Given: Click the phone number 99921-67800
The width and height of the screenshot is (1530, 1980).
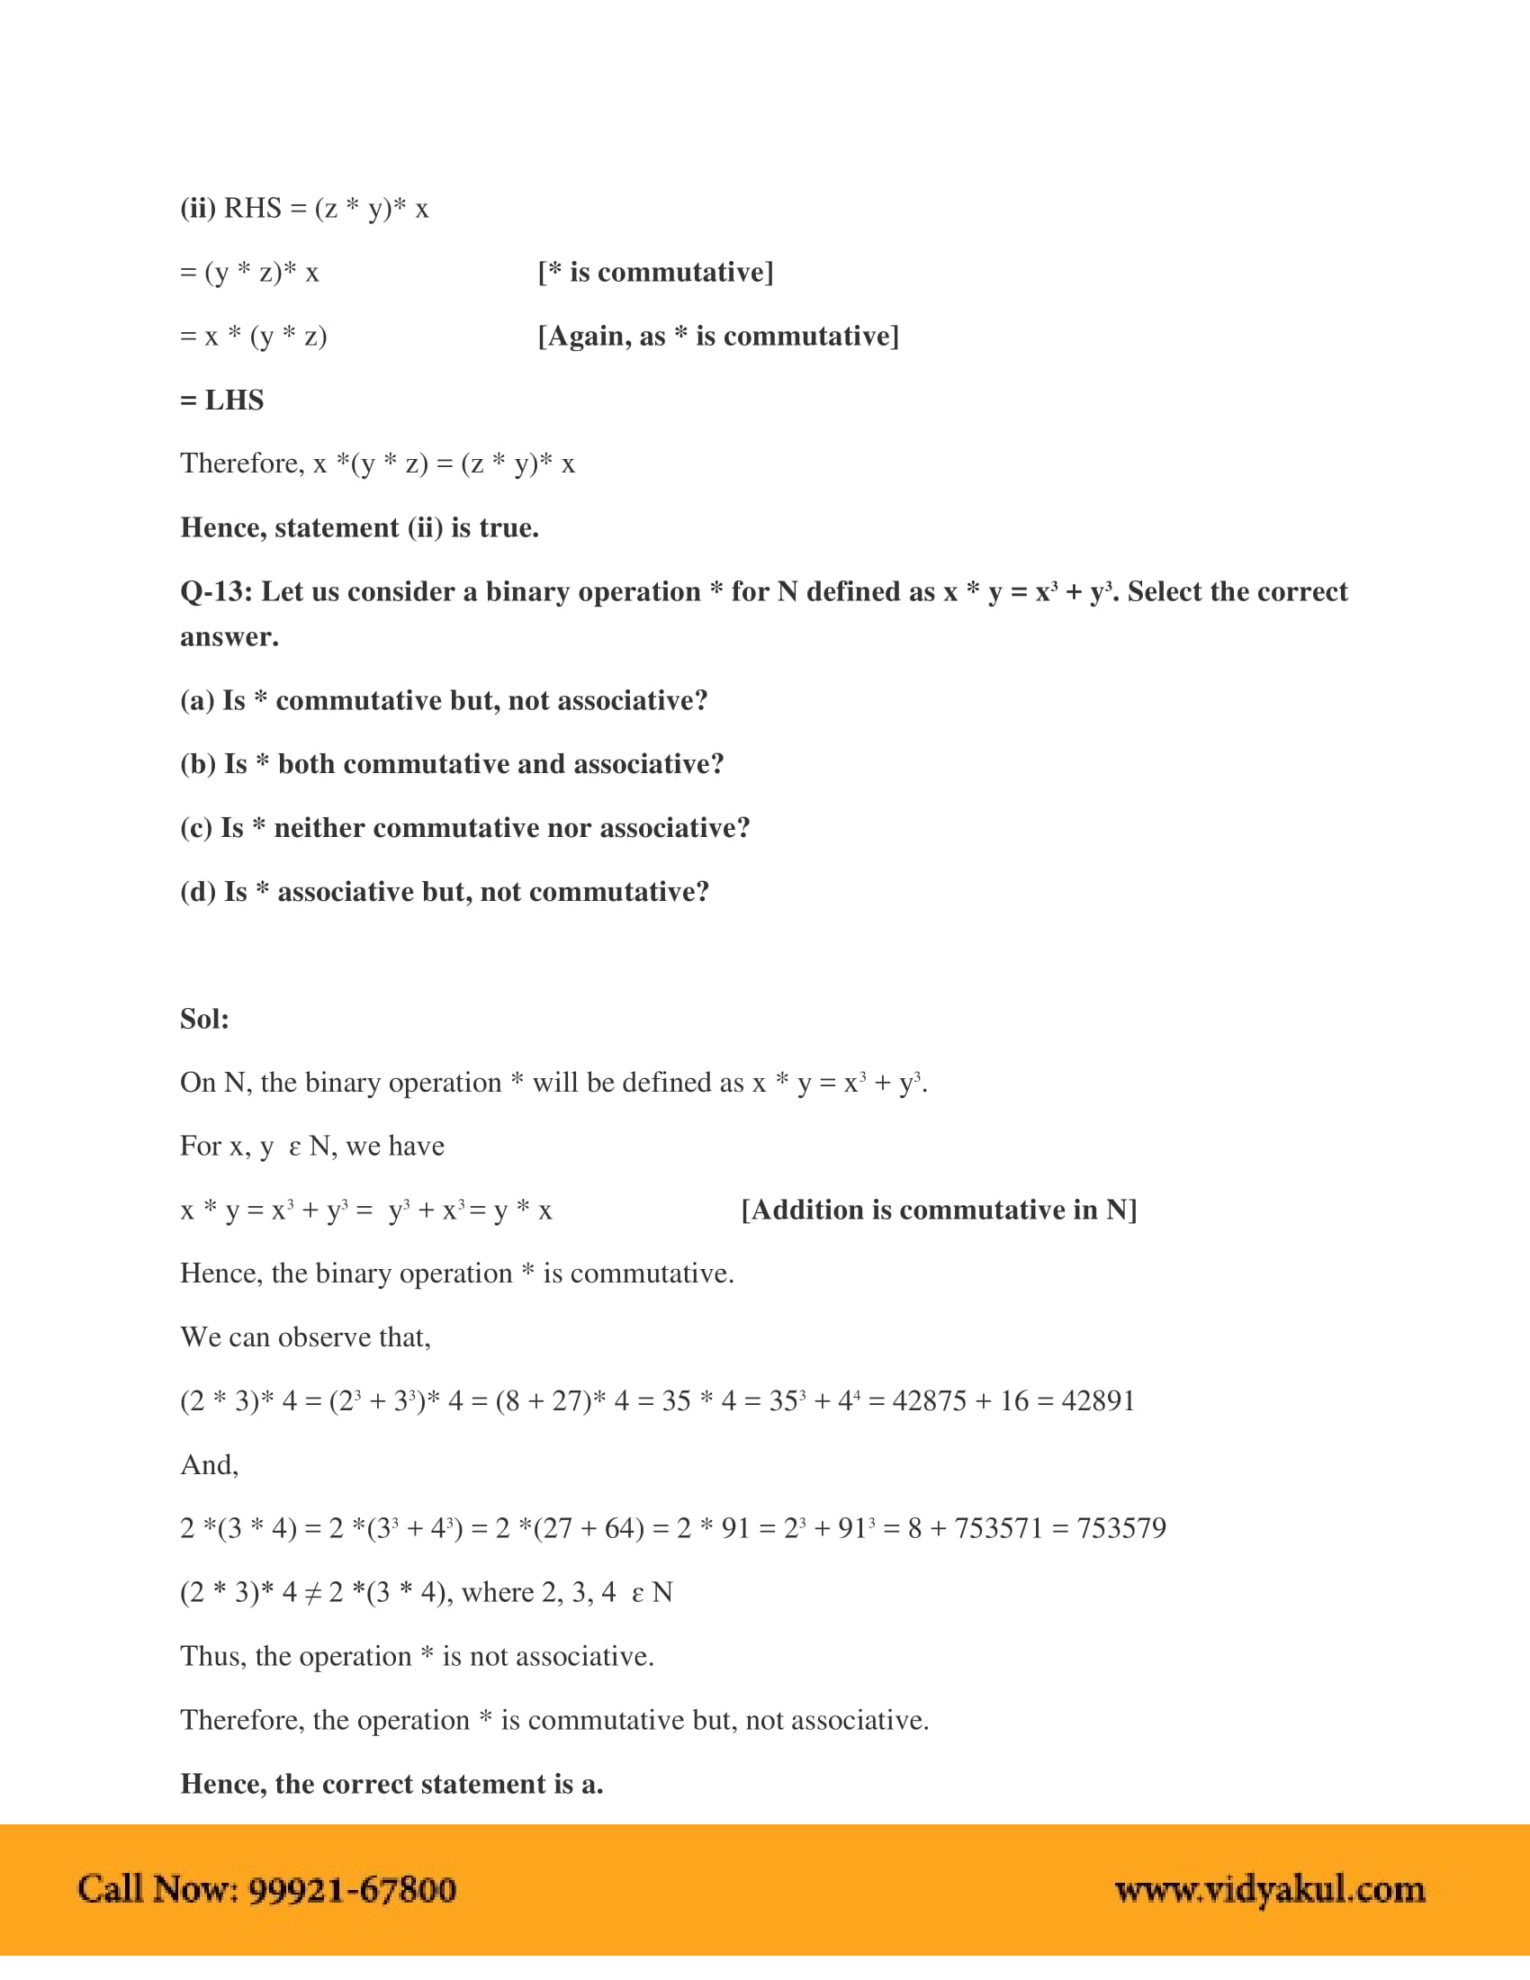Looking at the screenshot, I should click(x=353, y=1890).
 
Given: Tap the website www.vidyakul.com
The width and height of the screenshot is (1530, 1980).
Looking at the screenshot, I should click(x=1270, y=1890).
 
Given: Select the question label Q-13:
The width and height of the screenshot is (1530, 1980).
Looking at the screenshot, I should click(x=217, y=592).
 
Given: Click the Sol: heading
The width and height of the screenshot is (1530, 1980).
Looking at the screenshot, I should click(x=205, y=1019).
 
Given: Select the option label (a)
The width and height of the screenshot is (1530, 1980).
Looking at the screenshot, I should click(x=198, y=701).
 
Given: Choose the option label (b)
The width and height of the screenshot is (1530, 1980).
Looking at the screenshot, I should click(x=198, y=764).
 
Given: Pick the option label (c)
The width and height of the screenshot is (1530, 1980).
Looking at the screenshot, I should click(x=197, y=828).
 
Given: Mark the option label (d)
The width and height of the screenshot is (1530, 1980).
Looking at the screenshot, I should click(x=198, y=892).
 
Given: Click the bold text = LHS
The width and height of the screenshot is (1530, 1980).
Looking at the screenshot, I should click(x=222, y=400).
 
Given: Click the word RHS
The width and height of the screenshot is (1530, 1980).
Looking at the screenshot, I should click(x=253, y=209).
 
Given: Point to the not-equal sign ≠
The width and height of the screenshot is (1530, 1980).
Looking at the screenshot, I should click(x=312, y=1594).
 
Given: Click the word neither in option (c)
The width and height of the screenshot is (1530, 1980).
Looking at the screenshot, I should click(x=319, y=828).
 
